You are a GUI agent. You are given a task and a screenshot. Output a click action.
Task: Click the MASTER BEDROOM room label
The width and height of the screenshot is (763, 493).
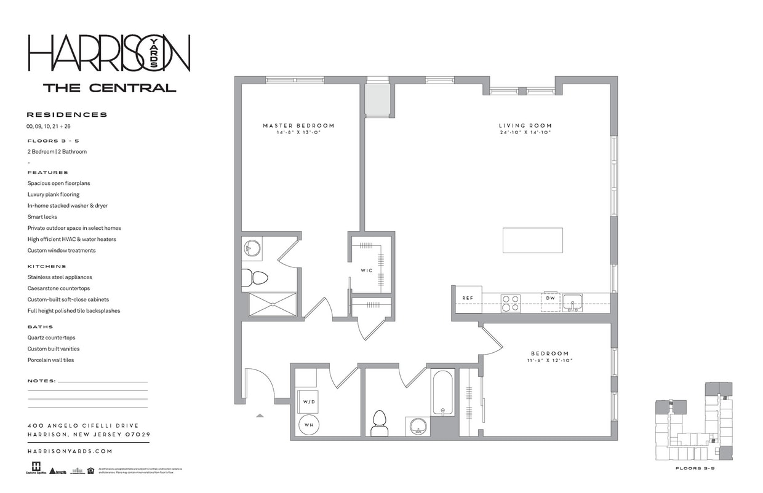pyautogui.click(x=298, y=125)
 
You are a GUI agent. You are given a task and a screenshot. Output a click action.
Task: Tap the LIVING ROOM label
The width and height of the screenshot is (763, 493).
pyautogui.click(x=525, y=125)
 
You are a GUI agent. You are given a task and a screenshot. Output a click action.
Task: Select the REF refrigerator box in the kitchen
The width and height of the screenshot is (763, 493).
pyautogui.click(x=468, y=299)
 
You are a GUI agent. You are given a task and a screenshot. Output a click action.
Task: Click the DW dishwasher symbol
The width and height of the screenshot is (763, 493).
pyautogui.click(x=550, y=299)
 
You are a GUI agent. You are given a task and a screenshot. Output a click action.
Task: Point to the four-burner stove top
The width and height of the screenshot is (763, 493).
pyautogui.click(x=510, y=303)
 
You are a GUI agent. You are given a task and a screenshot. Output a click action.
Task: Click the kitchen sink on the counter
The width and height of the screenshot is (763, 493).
pyautogui.click(x=572, y=302)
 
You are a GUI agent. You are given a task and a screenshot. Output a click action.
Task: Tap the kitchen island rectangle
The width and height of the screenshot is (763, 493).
pyautogui.click(x=532, y=240)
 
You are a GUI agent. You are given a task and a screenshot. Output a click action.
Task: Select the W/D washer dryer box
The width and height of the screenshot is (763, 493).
pyautogui.click(x=308, y=401)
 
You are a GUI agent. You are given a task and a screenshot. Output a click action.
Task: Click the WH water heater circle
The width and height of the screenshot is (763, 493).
pyautogui.click(x=308, y=424)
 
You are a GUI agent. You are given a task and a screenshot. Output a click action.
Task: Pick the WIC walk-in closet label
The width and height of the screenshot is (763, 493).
pyautogui.click(x=366, y=270)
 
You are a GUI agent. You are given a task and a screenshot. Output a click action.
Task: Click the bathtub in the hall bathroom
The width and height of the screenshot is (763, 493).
pyautogui.click(x=443, y=392)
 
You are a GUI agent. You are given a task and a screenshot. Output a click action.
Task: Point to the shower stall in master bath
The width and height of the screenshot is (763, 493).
pyautogui.click(x=273, y=304)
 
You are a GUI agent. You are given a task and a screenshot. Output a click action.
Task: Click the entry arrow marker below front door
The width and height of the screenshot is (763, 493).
pyautogui.click(x=260, y=416)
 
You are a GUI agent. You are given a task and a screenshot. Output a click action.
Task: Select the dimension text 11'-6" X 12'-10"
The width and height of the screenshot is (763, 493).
pyautogui.click(x=549, y=360)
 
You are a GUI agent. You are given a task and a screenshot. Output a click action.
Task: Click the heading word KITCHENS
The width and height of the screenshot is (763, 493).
pyautogui.click(x=47, y=266)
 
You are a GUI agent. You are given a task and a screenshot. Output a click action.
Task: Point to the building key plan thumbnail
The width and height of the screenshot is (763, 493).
pyautogui.click(x=693, y=421)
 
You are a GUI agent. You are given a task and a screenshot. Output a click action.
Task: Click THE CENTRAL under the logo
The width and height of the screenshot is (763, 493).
pyautogui.click(x=110, y=88)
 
